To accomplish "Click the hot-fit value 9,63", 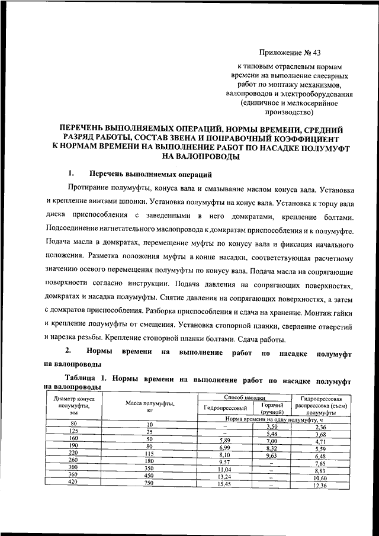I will coord(272,456).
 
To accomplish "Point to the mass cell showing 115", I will coord(150,454).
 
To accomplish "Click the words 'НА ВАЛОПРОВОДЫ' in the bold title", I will coord(201,157).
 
